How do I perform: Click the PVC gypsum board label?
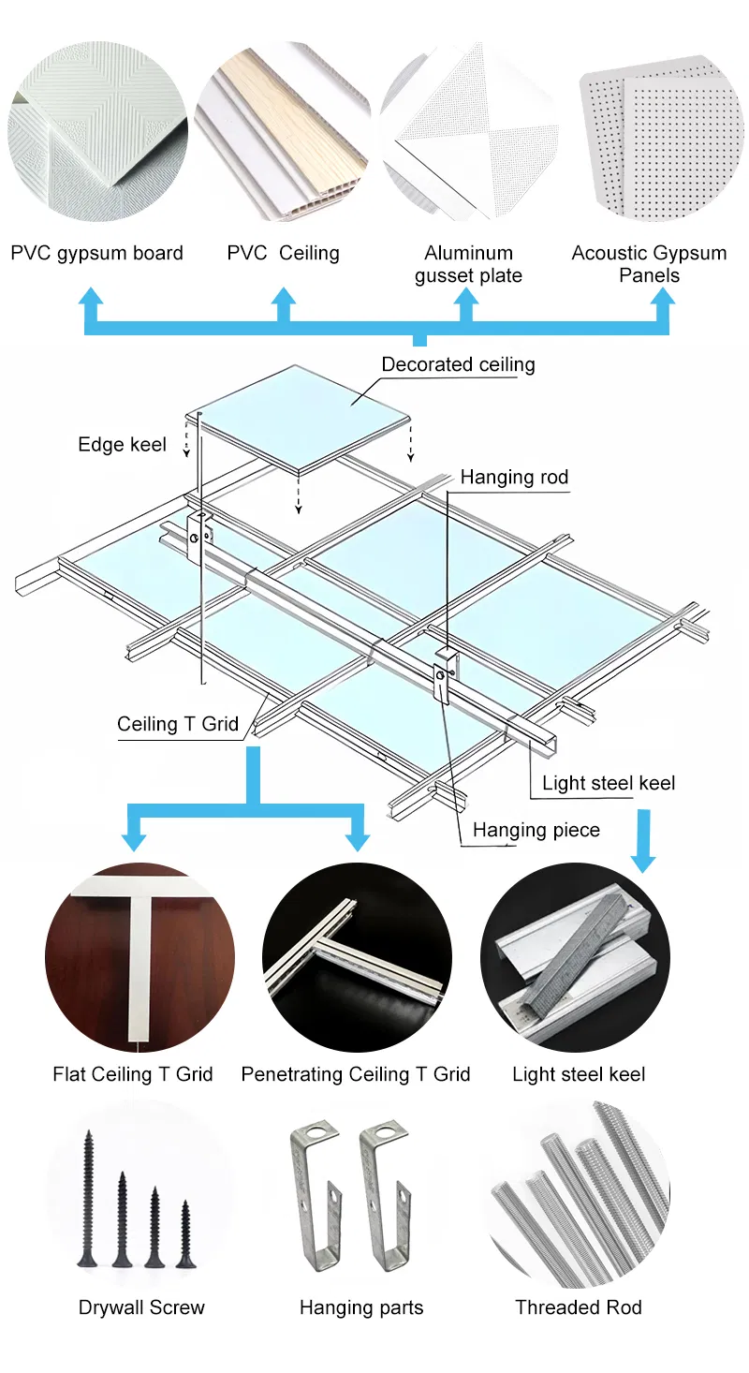96,253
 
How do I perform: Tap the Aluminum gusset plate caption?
468,264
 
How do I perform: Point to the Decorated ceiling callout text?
458,364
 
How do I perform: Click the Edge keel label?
122,445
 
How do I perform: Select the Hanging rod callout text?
514,478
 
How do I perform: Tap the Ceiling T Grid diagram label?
178,724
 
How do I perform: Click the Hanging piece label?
536,830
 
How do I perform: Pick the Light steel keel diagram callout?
609,783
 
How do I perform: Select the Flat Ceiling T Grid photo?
140,957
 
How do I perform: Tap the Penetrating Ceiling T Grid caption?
356,1074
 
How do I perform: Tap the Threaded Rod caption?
579,1307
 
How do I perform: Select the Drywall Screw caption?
141,1307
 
